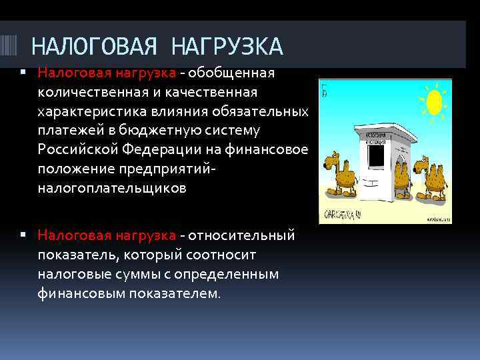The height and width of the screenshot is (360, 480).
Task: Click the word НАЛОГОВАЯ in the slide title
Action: (95, 47)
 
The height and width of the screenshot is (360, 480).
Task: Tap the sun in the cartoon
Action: (434, 102)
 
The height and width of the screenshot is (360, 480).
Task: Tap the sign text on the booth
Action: (377, 137)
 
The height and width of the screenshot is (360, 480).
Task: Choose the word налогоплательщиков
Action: (112, 189)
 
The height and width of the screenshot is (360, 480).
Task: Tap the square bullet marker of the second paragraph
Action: (23, 235)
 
